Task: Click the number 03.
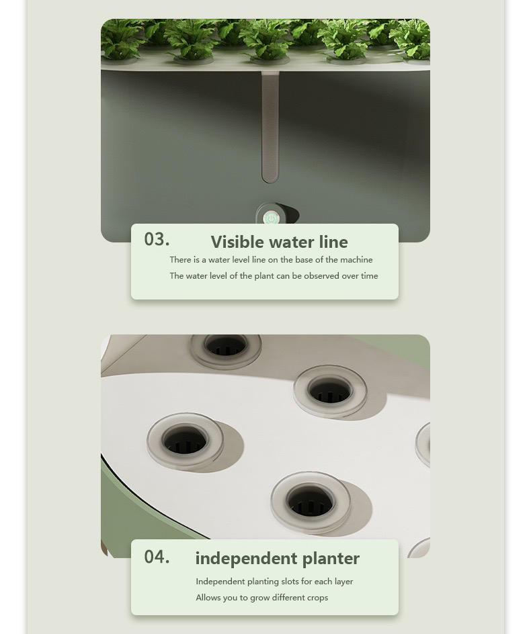point(157,239)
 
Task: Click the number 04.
point(157,557)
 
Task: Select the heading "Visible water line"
point(279,242)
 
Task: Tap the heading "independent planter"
point(277,558)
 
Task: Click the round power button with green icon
point(271,218)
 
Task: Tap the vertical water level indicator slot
point(270,128)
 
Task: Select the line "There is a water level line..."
point(271,260)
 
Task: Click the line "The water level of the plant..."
point(274,276)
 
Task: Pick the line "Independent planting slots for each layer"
point(274,582)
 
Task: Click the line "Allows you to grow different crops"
point(261,598)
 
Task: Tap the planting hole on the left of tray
point(185,441)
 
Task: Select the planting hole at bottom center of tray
point(310,500)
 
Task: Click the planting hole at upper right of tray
point(330,390)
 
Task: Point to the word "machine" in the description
point(357,260)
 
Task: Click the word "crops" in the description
point(317,598)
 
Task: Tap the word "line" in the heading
point(333,242)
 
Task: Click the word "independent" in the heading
point(246,559)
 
